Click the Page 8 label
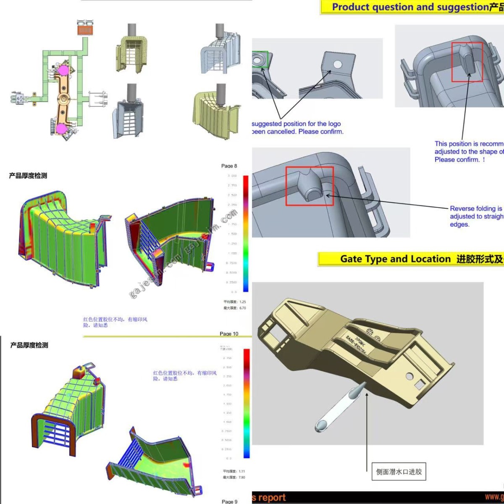tap(229, 166)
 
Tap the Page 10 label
tap(229, 334)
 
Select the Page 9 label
tap(229, 501)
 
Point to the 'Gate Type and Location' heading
tap(395, 259)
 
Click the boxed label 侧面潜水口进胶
tap(399, 472)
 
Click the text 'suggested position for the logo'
tap(296, 124)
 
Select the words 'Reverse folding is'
tap(475, 209)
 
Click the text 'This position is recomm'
tap(468, 144)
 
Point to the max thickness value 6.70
tap(242, 308)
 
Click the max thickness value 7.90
tap(241, 477)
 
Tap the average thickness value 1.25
tap(242, 302)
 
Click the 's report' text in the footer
tap(269, 498)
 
